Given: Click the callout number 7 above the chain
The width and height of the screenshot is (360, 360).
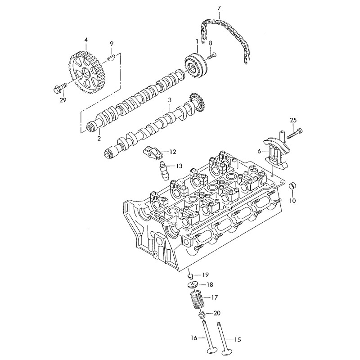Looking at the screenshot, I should point(219,8).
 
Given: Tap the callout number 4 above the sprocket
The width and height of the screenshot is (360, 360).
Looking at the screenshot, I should point(85,40).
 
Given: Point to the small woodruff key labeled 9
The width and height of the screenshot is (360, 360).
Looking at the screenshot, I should point(112,57).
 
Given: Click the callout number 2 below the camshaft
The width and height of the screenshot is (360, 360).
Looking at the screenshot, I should point(99,139).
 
